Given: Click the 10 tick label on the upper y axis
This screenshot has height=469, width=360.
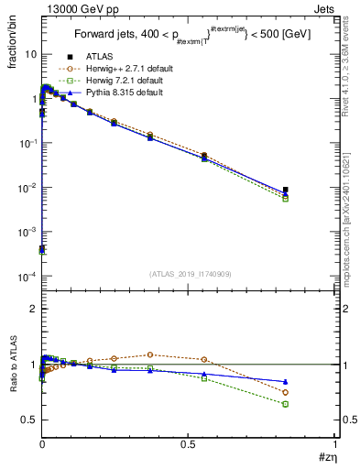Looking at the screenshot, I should [30, 54].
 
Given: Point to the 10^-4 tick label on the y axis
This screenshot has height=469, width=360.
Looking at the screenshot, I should [27, 276].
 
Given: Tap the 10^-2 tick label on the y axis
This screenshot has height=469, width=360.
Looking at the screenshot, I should [27, 187].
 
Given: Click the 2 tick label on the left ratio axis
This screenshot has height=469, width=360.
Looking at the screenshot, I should [33, 310].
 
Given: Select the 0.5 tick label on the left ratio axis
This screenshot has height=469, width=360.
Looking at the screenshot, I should [28, 420].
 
